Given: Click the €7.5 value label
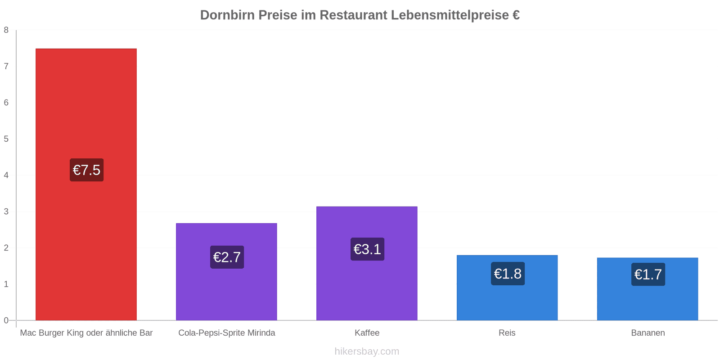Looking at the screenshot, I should [86, 170].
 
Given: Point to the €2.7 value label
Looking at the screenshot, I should [227, 257].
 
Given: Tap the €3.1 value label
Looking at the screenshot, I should [367, 249].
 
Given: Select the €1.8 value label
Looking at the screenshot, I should [508, 274].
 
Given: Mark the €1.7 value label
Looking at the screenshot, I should [648, 274].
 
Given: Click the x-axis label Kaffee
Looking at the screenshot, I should [367, 333].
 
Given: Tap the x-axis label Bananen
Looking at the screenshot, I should [648, 333].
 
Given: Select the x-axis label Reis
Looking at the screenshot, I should [507, 333].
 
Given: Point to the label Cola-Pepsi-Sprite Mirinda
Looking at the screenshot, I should [226, 333].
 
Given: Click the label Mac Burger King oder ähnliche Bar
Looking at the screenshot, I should [86, 333].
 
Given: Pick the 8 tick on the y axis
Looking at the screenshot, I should [6, 30].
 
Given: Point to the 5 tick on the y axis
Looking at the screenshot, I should [6, 139].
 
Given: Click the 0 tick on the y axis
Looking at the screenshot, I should [6, 320].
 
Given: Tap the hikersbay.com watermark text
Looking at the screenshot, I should [367, 351].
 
